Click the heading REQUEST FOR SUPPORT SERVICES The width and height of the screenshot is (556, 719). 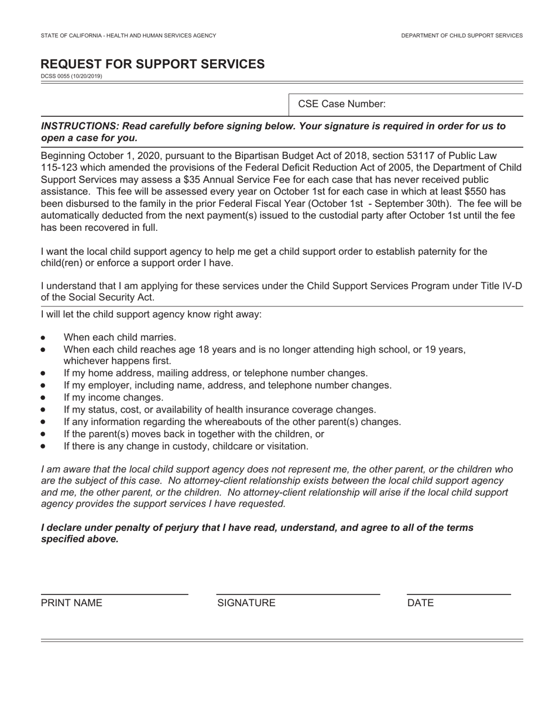pos(152,64)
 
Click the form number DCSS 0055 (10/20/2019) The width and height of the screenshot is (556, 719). pos(71,76)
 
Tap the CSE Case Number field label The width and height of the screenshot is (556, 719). pos(342,104)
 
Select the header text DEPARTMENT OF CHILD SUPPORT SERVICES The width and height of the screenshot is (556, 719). pos(462,36)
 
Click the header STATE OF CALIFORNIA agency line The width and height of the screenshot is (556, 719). pos(128,36)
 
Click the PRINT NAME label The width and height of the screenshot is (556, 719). pos(71,603)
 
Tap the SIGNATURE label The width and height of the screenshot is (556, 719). pos(246,603)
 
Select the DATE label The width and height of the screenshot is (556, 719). pos(420,603)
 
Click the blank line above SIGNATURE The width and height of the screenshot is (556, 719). pos(298,594)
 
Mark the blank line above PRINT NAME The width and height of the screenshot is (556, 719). pos(114,594)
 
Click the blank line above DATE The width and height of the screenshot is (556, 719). pos(458,594)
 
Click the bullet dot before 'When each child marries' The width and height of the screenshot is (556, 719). pos(43,338)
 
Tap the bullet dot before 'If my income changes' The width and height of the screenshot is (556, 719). pos(43,398)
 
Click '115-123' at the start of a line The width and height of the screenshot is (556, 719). pos(56,168)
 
